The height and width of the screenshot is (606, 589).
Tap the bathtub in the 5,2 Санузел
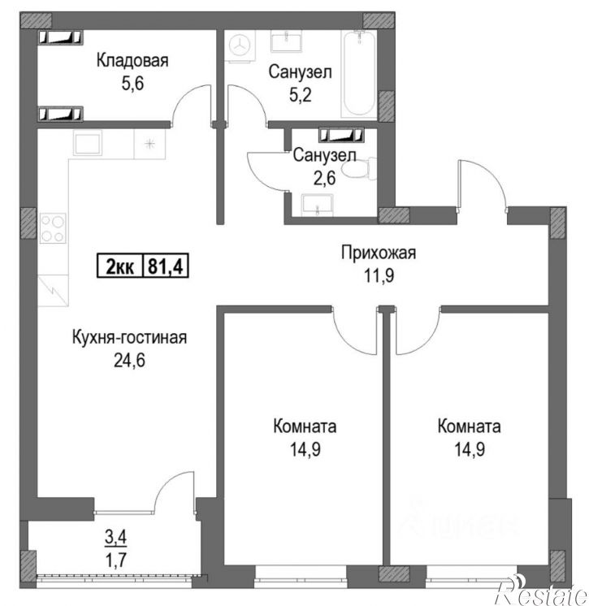[x=359, y=74]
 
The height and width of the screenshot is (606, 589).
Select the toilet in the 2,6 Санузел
[x=359, y=168]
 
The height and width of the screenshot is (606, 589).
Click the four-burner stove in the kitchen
[x=53, y=228]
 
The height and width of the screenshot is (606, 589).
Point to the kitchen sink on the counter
[x=88, y=143]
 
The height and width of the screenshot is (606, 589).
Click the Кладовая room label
[x=132, y=61]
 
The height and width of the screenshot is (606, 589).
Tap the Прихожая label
[x=379, y=253]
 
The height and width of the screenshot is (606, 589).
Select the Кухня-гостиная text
[x=129, y=337]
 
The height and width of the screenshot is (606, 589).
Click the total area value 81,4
[x=166, y=266]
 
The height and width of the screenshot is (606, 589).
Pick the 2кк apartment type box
[x=120, y=266]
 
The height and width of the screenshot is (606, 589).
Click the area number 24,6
[x=129, y=360]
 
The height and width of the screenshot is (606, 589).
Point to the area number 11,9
[x=379, y=276]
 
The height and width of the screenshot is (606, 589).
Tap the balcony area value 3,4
[x=116, y=537]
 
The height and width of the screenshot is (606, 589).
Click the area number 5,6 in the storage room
[x=132, y=83]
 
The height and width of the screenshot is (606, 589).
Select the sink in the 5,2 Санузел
[x=287, y=41]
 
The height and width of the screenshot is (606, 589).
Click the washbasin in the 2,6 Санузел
[x=318, y=205]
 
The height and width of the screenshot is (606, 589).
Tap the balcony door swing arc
[x=170, y=483]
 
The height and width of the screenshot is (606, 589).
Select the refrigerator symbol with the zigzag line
[x=53, y=290]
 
